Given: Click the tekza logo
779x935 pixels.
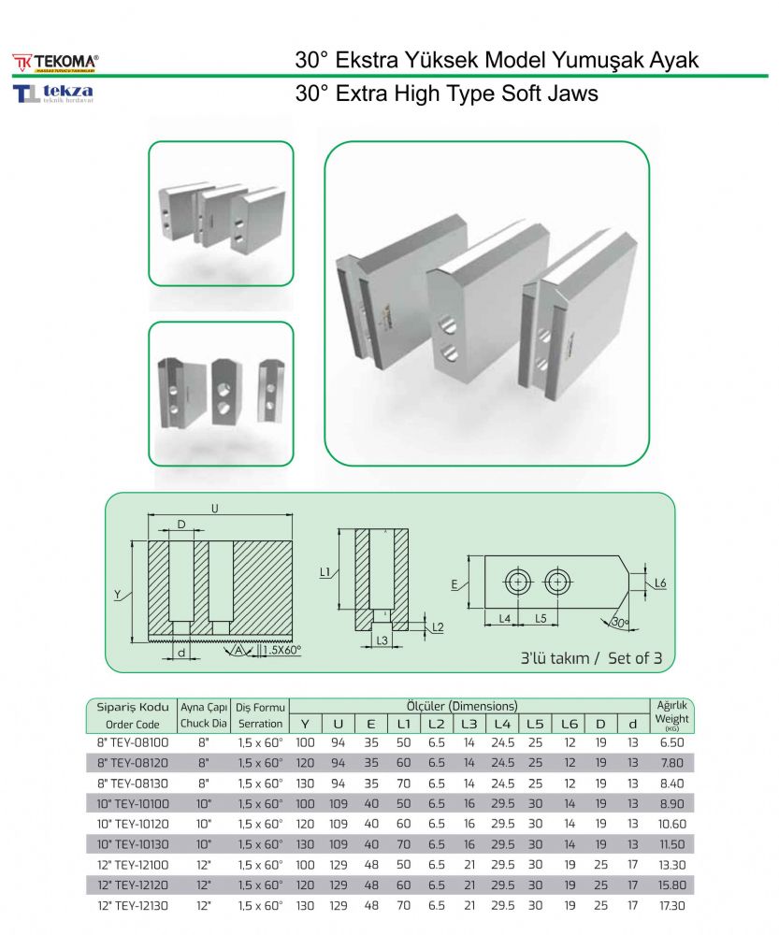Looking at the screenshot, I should point(53,93).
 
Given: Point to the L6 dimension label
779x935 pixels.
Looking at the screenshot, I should point(659,583).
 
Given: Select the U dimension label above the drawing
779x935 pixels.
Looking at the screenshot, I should point(215,509).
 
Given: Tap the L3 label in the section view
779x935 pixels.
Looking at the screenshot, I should point(381,640).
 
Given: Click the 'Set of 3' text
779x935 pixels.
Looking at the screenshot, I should point(635,658).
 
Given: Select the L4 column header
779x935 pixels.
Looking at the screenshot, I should point(503,724).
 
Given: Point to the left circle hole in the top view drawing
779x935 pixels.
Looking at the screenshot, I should point(517,582).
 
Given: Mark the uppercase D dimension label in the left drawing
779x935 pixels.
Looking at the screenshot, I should point(181,525).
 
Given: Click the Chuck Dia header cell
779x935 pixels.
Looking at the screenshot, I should point(204,724).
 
